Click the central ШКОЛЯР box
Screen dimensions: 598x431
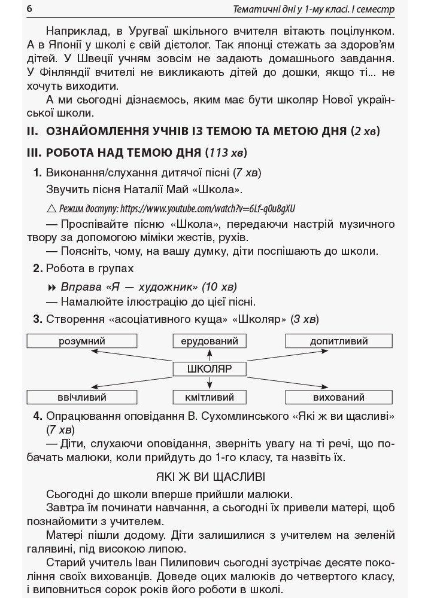click(x=210, y=369)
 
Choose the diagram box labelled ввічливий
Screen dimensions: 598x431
click(x=82, y=397)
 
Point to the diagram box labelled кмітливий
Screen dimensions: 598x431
click(x=210, y=397)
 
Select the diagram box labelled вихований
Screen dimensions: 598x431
click(x=339, y=397)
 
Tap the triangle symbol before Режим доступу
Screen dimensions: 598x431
click(x=50, y=209)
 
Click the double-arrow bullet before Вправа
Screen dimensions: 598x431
click(x=51, y=285)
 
